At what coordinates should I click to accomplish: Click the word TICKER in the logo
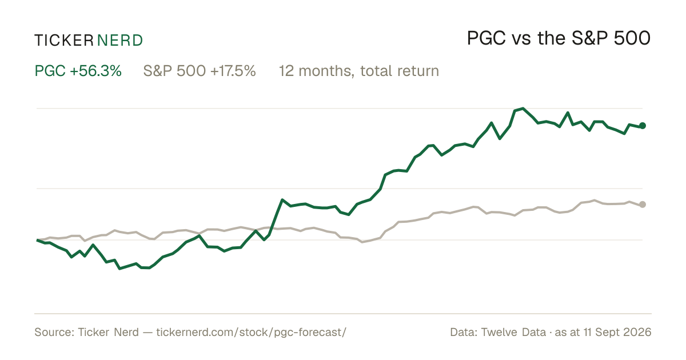pos(64,41)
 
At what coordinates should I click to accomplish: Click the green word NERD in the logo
pos(119,41)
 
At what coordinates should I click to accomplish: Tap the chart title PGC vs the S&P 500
pos(559,38)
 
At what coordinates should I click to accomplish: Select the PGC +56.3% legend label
pos(78,71)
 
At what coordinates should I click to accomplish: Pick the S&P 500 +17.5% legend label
pos(200,71)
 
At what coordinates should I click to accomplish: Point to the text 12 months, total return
pos(359,71)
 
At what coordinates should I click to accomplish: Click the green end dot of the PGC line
pos(643,126)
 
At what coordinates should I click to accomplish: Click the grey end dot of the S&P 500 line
pos(643,205)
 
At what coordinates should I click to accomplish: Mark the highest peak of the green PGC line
pos(523,109)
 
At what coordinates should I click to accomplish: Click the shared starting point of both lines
pos(37,241)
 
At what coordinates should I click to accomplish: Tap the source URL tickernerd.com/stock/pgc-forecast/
pos(251,332)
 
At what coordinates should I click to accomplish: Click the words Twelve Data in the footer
pos(513,332)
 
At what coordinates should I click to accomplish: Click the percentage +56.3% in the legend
pos(95,71)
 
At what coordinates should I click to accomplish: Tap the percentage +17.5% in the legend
pos(233,71)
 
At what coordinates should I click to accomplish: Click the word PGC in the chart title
pos(486,38)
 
